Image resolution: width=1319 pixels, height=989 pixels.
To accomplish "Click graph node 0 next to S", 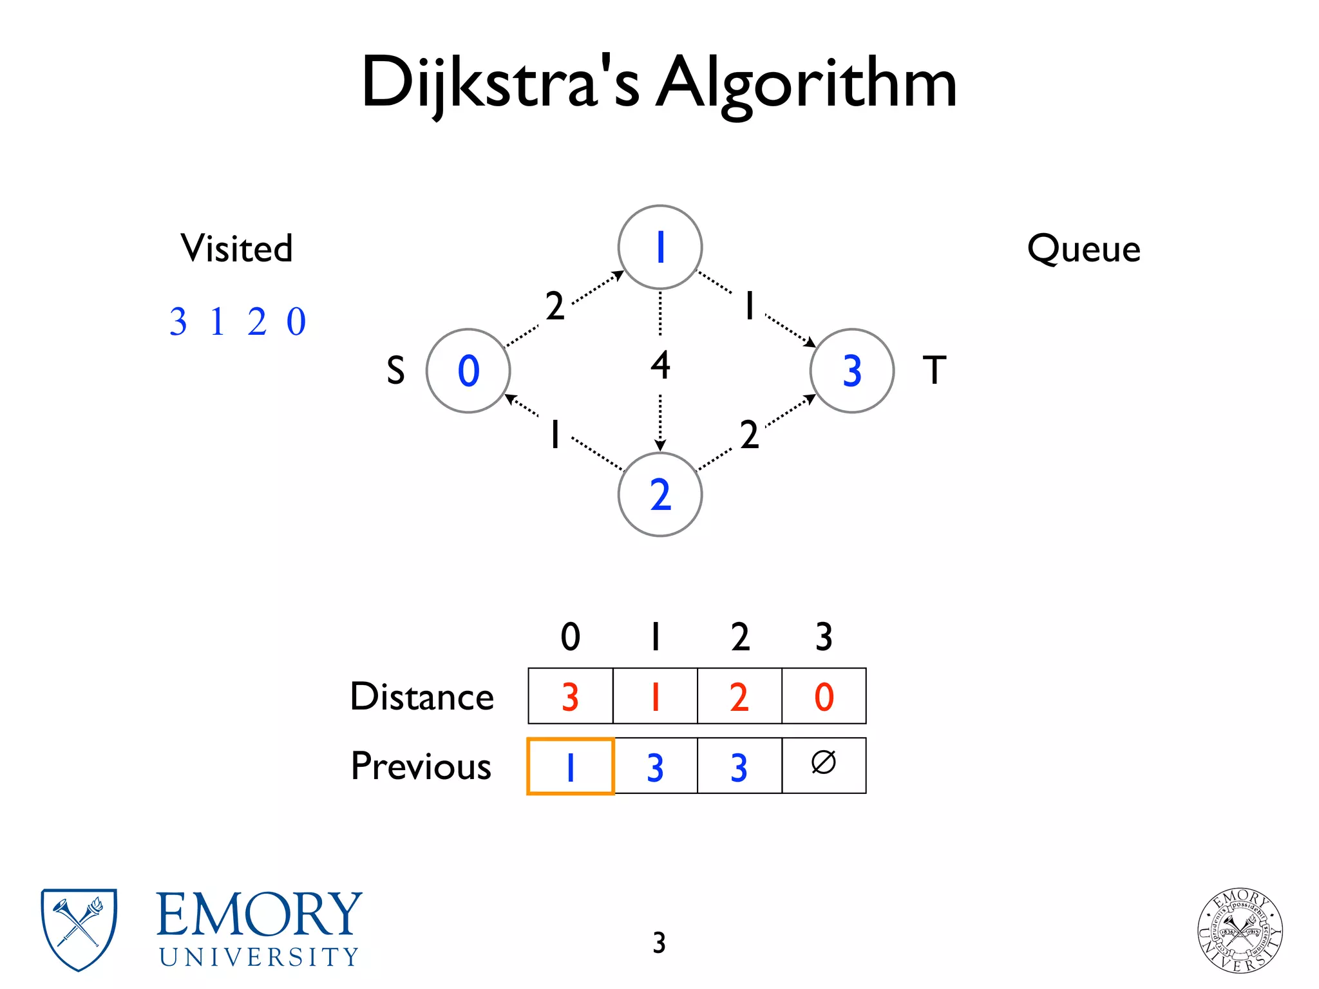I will coord(468,371).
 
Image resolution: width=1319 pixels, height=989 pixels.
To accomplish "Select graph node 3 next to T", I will coord(851,371).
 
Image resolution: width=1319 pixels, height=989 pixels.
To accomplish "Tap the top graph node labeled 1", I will coord(659,247).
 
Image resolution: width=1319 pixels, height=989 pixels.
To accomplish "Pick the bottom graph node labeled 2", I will coord(659,494).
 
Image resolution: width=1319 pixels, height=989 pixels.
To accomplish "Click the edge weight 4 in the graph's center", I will coord(660,365).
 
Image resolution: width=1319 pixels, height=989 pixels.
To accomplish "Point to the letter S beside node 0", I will coord(395,371).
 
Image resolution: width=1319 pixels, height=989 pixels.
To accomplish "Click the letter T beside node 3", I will coord(935,370).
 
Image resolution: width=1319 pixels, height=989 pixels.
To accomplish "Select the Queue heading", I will coord(1083,249).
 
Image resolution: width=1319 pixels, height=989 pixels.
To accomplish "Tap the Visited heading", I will coord(236,249).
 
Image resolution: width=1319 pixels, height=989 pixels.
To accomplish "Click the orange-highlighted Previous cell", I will coord(571,766).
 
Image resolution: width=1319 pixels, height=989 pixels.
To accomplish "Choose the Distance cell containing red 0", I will coord(824,696).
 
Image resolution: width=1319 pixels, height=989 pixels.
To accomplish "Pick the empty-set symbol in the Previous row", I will coord(824,763).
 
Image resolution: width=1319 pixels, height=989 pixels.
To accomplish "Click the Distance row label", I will coord(422,697).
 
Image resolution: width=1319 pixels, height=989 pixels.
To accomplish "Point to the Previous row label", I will coord(421,766).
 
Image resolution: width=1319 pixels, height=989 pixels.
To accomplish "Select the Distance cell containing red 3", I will coord(571,696).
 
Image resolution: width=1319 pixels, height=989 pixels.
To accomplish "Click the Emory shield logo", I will coord(79,929).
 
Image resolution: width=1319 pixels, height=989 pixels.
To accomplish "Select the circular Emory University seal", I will coord(1240,930).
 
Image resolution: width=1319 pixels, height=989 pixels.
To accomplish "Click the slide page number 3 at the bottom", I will coord(659,943).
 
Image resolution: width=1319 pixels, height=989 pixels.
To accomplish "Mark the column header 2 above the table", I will coord(740,637).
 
